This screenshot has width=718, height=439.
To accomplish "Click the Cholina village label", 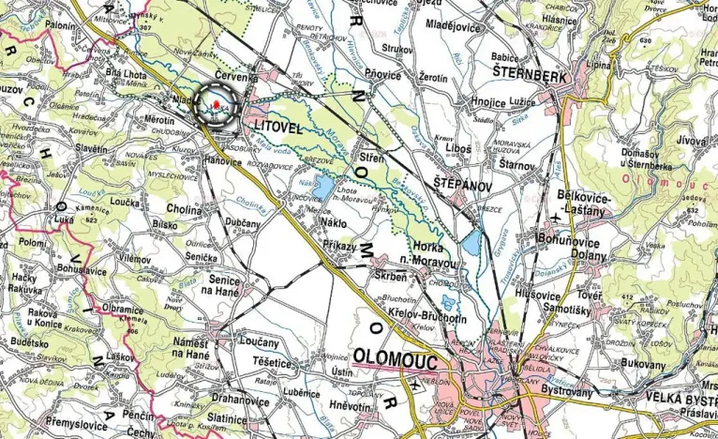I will pos(184,210).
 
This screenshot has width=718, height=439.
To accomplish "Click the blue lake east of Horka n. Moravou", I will pos(472,246).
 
